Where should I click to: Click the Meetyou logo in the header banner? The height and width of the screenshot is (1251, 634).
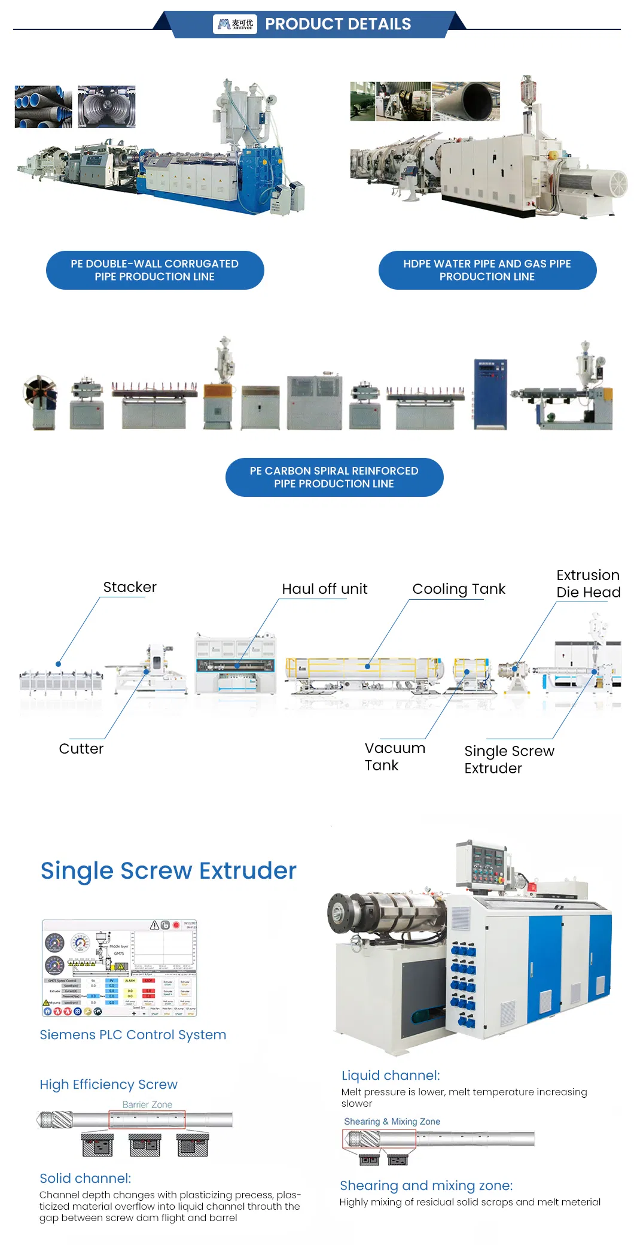235,24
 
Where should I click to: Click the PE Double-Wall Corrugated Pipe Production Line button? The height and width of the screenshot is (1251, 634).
155,270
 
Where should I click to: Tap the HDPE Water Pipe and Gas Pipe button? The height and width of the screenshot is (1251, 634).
487,270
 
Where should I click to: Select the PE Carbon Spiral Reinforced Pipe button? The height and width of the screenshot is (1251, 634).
334,477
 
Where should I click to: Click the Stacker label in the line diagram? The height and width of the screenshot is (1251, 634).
130,587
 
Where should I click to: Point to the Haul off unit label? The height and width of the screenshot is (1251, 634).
324,589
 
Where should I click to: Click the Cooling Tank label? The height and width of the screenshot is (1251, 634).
459,589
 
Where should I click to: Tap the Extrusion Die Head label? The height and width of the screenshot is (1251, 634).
588,584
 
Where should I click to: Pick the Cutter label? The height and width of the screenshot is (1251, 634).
81,749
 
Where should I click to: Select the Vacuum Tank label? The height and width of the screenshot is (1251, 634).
395,757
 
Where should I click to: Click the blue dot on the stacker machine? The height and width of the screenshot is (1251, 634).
58,664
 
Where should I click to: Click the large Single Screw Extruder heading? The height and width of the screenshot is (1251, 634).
168,871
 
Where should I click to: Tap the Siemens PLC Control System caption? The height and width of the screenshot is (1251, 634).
133,1035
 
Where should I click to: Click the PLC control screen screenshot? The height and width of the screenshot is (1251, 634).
119,968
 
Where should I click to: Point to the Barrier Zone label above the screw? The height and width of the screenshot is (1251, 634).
147,1104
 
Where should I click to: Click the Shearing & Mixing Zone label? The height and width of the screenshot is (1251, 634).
392,1121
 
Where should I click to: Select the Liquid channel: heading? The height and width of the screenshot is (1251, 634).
391,1076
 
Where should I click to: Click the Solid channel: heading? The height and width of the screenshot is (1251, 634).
85,1179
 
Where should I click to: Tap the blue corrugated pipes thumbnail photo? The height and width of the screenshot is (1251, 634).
43,107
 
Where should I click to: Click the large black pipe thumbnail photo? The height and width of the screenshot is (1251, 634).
466,102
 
